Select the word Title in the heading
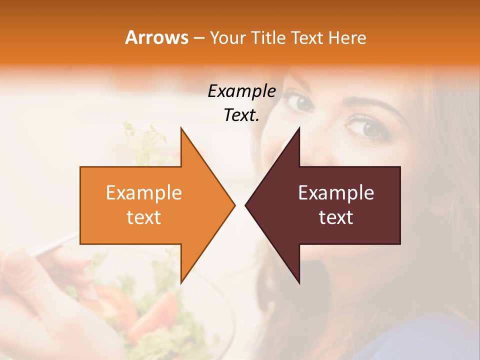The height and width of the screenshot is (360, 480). click(268, 37)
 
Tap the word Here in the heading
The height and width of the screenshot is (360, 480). click(347, 37)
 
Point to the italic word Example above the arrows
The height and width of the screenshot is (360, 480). click(241, 91)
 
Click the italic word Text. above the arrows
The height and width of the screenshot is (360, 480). click(241, 115)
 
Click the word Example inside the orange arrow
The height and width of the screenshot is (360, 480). click(144, 193)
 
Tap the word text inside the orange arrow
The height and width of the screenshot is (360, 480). click(144, 217)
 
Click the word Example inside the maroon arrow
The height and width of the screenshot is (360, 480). click(336, 193)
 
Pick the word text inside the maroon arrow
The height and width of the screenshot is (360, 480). click(336, 217)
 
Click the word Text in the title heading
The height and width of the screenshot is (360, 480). click(307, 37)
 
